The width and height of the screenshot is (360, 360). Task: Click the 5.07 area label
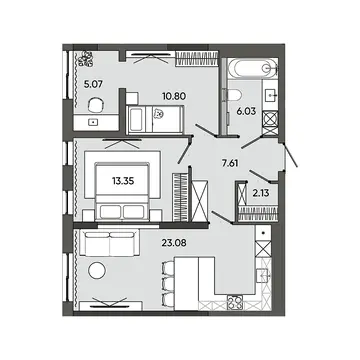pyautogui.click(x=93, y=84)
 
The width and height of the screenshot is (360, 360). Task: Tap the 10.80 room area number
pyautogui.click(x=174, y=96)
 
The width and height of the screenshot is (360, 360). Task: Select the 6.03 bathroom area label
pyautogui.click(x=246, y=111)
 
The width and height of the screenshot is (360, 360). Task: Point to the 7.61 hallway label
pyautogui.click(x=230, y=163)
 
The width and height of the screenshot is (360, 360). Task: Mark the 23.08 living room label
pyautogui.click(x=173, y=242)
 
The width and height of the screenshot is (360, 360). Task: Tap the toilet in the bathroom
pyautogui.click(x=234, y=95)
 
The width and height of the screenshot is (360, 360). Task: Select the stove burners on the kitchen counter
pyautogui.click(x=235, y=303)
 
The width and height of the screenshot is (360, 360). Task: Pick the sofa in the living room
pyautogui.click(x=109, y=243)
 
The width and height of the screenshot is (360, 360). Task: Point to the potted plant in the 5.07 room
pyautogui.click(x=87, y=59)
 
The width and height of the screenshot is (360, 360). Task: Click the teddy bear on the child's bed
pyautogui.click(x=159, y=114)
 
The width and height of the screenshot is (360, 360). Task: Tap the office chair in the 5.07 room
pyautogui.click(x=96, y=104)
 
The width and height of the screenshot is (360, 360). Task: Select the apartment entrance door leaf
pyautogui.click(x=290, y=155)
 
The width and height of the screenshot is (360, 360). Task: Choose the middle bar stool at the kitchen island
pyautogui.click(x=168, y=283)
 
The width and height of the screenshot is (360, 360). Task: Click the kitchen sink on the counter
pyautogui.click(x=264, y=275)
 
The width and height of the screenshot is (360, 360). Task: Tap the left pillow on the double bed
pyautogui.click(x=110, y=212)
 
